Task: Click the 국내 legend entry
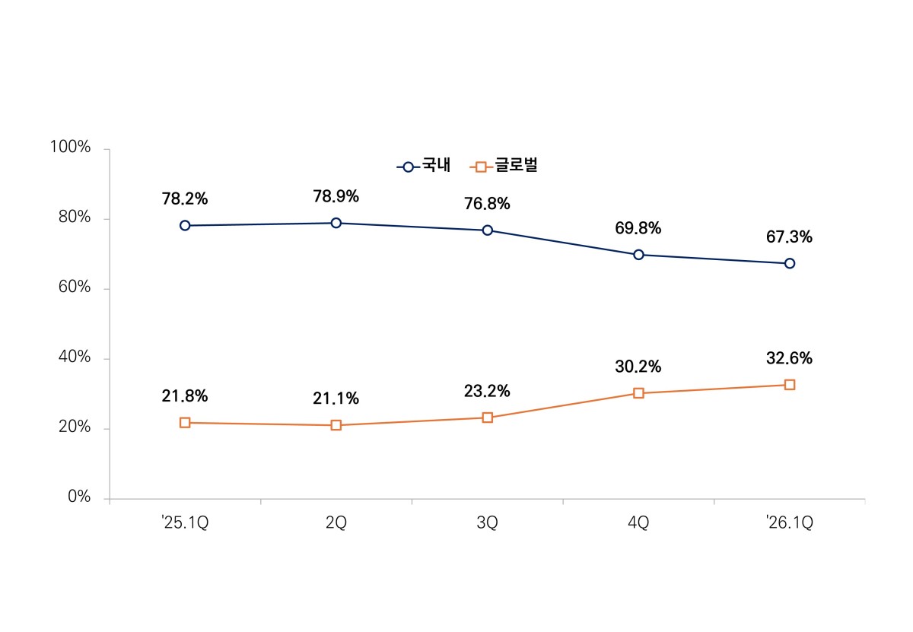point(424,166)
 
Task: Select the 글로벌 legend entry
point(504,166)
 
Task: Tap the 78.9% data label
point(336,196)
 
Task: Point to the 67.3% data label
point(789,237)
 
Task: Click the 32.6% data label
point(789,358)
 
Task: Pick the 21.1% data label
point(336,399)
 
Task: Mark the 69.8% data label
point(638,228)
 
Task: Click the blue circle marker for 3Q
point(487,230)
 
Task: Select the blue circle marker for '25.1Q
point(185,225)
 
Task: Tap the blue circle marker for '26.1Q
point(790,263)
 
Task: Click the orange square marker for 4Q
point(638,393)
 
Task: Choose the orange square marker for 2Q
point(336,425)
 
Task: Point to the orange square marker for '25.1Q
point(185,423)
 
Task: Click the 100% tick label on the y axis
point(70,147)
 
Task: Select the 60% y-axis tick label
point(75,287)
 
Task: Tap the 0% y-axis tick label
point(79,497)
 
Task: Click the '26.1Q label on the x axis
point(789,522)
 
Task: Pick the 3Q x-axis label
point(487,522)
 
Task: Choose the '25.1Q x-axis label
point(185,522)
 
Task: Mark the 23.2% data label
point(487,391)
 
